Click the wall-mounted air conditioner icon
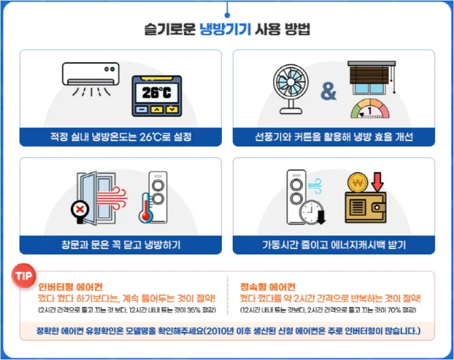pos(91,74)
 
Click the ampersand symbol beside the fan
pos(328,92)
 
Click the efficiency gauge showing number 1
pos(369,110)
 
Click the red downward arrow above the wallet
pos(378,181)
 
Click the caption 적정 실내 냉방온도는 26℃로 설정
pos(120,137)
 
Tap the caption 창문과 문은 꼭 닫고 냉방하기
pos(120,245)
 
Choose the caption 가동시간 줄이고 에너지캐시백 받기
pos(334,245)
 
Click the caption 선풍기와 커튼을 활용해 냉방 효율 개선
pos(334,137)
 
